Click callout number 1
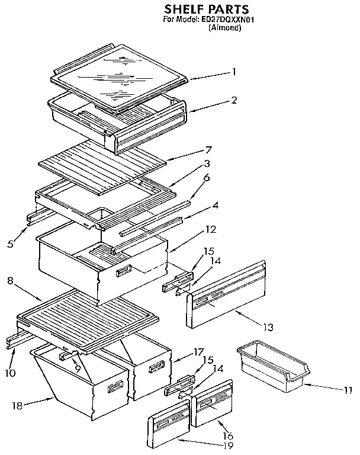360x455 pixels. tap(234, 72)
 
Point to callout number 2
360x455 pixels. tap(234, 100)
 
